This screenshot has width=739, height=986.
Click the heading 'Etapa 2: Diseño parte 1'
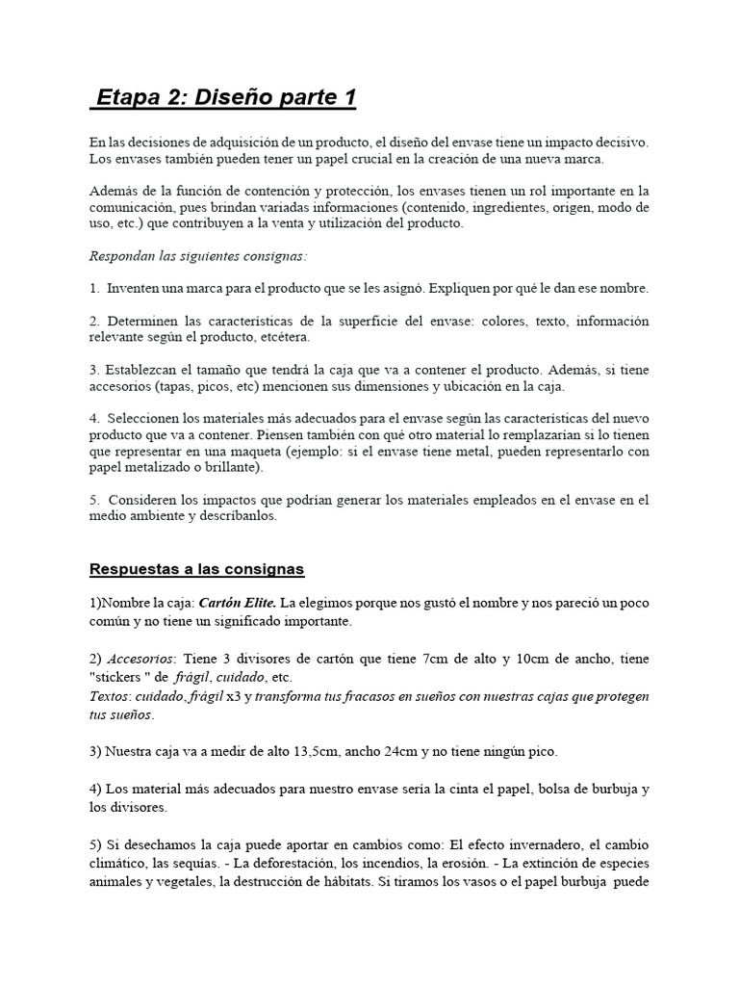coord(228,97)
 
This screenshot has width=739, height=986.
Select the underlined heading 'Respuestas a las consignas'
coord(196,569)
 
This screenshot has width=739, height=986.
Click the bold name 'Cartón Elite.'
coord(238,603)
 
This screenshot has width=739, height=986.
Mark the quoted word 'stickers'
coord(119,677)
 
